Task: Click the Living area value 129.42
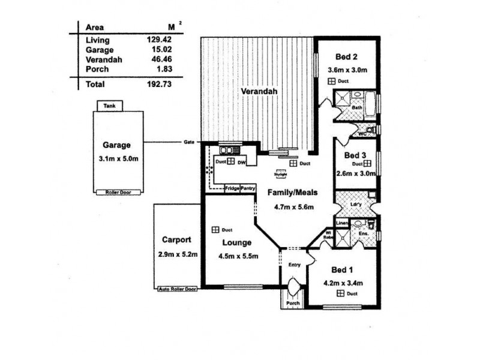tap(155, 40)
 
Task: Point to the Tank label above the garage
tap(109, 106)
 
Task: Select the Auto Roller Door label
tap(178, 289)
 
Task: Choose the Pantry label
tap(248, 188)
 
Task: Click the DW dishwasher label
tap(241, 163)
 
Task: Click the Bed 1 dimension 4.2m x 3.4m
tap(344, 282)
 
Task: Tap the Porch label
tap(292, 302)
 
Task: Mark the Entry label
tap(294, 265)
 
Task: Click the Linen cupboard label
tap(341, 223)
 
